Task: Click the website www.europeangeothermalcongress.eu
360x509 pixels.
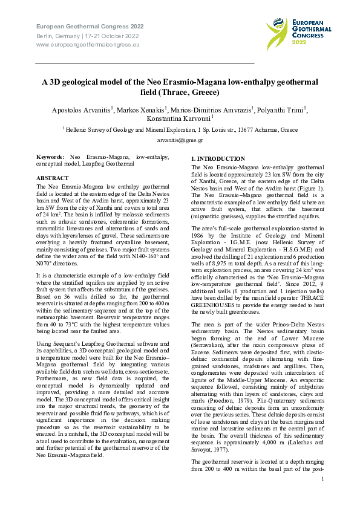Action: click(x=88, y=44)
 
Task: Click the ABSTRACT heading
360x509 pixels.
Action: click(x=53, y=178)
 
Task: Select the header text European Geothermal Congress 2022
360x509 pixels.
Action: click(x=90, y=27)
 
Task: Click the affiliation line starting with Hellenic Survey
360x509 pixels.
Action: click(x=180, y=130)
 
